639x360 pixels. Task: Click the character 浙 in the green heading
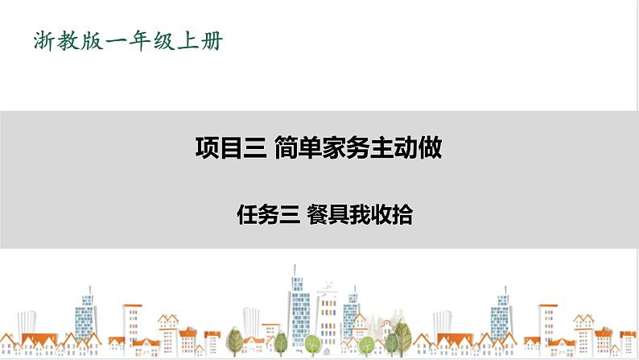pos(43,39)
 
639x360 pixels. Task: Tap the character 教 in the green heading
pos(70,39)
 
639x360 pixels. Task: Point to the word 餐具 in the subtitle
pos(326,215)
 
